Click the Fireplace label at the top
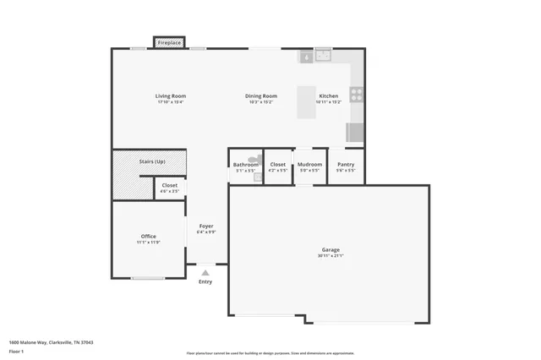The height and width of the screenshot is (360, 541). click(x=170, y=42)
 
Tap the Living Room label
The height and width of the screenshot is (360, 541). click(x=169, y=95)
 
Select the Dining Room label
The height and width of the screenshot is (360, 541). click(x=260, y=95)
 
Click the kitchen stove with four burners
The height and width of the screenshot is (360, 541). click(x=357, y=95)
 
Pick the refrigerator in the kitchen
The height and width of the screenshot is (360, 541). click(x=355, y=132)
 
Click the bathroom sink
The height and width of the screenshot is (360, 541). click(x=257, y=177)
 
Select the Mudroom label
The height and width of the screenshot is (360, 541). click(x=309, y=164)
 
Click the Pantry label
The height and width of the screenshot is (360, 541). click(x=346, y=164)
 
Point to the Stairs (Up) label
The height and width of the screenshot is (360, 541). click(x=152, y=161)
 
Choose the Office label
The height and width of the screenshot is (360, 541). click(x=148, y=236)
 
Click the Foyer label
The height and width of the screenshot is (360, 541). click(x=206, y=226)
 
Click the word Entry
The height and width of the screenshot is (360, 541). click(x=206, y=281)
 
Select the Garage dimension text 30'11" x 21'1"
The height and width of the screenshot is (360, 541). click(x=331, y=255)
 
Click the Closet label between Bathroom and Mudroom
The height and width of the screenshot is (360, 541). click(x=278, y=164)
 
